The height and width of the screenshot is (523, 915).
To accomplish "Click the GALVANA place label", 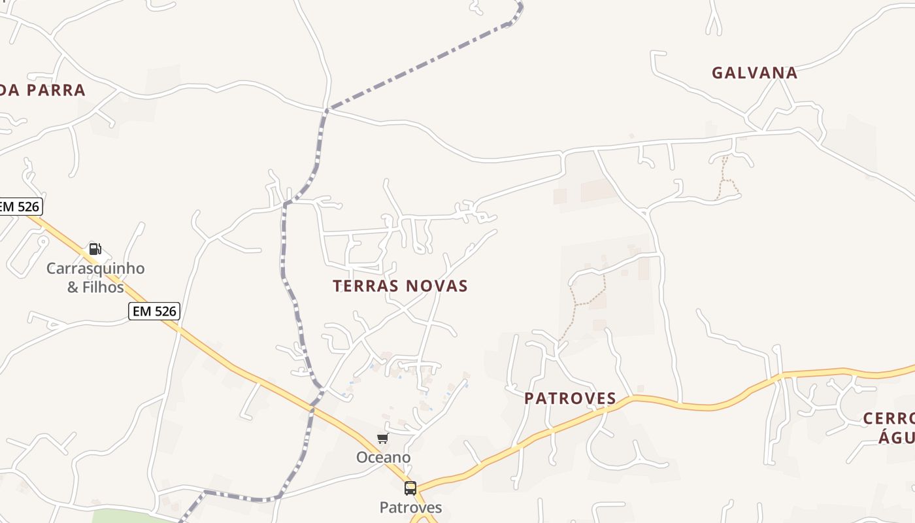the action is pyautogui.click(x=754, y=73).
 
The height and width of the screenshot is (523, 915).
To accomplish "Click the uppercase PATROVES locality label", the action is pyautogui.click(x=570, y=398).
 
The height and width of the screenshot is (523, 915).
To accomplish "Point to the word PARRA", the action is pyautogui.click(x=56, y=90).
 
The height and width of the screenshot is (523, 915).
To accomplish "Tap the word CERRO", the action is pyautogui.click(x=888, y=418).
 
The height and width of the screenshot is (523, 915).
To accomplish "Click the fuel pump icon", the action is pyautogui.click(x=95, y=249).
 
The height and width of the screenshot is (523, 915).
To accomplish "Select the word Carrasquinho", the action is pyautogui.click(x=95, y=269).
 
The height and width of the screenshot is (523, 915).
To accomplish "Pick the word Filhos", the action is pyautogui.click(x=103, y=287).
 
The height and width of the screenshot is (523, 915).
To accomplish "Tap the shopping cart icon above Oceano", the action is pyautogui.click(x=382, y=439).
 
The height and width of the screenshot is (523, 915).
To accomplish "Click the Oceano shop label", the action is pyautogui.click(x=383, y=458).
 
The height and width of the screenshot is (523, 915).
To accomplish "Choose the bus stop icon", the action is pyautogui.click(x=410, y=488).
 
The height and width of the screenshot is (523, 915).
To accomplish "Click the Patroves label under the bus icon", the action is pyautogui.click(x=410, y=507).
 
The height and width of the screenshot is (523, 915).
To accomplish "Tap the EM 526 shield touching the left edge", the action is pyautogui.click(x=20, y=207).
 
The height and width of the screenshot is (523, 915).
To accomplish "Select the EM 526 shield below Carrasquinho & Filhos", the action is pyautogui.click(x=154, y=311).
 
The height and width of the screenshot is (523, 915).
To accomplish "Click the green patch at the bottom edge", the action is pyautogui.click(x=131, y=516).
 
